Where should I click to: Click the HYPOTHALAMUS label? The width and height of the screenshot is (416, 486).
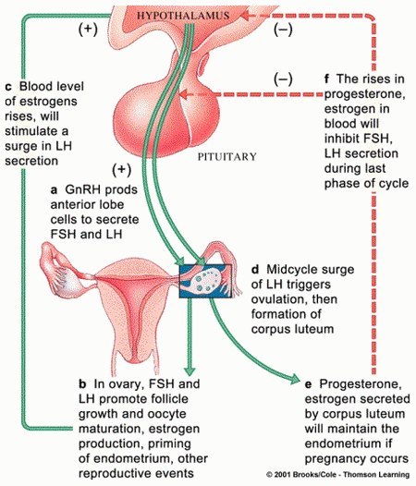click(x=183, y=16)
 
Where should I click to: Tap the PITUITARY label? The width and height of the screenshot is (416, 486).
click(x=227, y=156)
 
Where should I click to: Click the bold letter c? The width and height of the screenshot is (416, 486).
click(x=8, y=87)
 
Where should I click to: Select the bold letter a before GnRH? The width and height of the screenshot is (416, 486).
click(x=54, y=190)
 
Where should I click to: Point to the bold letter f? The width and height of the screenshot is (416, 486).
click(x=326, y=79)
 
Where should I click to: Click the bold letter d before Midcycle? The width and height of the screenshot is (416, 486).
click(x=255, y=270)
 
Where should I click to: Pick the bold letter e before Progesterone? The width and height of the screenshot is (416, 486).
click(x=309, y=384)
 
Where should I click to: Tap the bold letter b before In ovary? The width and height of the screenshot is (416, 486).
click(x=82, y=384)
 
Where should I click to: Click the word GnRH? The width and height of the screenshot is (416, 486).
click(x=82, y=189)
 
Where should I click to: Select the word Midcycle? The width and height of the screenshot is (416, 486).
click(x=288, y=270)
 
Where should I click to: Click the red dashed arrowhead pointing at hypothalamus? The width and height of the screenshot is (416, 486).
click(x=246, y=15)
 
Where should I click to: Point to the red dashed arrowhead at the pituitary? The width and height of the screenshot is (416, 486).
click(x=184, y=94)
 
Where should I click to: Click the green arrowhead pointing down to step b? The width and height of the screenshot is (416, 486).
click(x=190, y=371)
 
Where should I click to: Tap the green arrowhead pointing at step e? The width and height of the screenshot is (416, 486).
click(x=294, y=379)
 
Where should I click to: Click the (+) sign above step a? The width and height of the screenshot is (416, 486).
click(x=122, y=170)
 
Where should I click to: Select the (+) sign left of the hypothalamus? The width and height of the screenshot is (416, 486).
click(x=88, y=30)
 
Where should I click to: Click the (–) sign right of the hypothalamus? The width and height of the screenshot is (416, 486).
click(x=283, y=30)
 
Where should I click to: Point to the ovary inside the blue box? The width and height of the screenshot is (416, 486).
click(x=205, y=281)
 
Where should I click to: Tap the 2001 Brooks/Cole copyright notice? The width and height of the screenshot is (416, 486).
click(x=337, y=475)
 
